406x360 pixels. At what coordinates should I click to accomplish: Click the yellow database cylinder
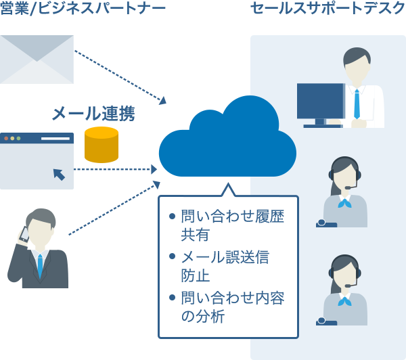point(101,145)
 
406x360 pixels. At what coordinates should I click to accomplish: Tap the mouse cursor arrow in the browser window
point(59,175)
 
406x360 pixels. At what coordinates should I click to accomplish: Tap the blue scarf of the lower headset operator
point(345,300)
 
